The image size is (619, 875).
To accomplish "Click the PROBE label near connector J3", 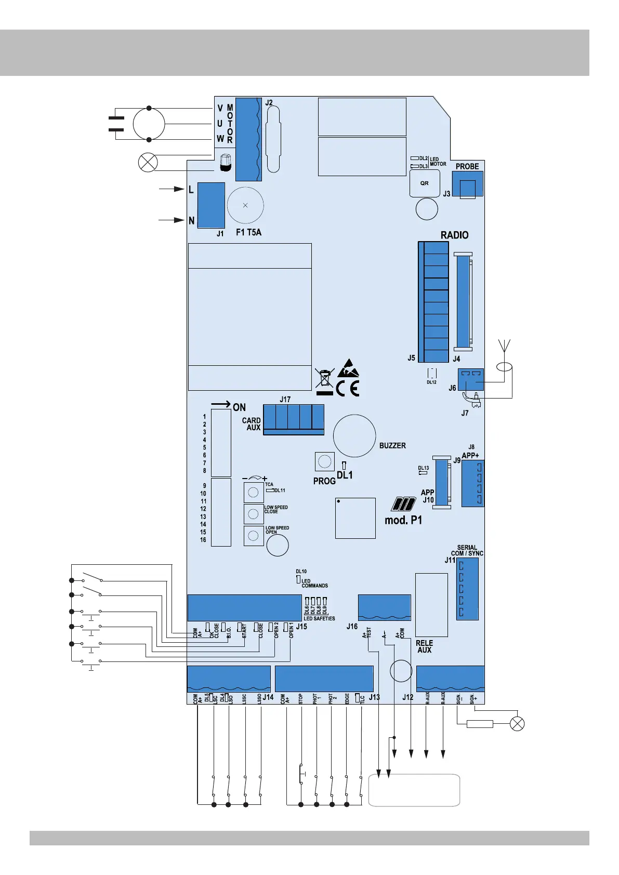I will [467, 166].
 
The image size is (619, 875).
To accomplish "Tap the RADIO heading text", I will [454, 235].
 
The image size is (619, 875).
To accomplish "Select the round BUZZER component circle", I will [354, 435].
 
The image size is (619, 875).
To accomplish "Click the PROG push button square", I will [324, 461].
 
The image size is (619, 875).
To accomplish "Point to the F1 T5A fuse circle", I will [245, 205].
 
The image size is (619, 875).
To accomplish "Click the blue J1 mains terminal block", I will [212, 205].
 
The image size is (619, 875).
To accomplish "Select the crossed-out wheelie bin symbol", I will [324, 378].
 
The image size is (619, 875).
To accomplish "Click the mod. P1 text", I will [403, 520].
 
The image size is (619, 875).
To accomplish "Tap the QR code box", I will [425, 183].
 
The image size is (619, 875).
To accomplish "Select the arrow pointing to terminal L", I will [172, 189].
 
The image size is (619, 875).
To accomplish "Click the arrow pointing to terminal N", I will [172, 220].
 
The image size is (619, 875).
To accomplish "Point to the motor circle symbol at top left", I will [149, 124].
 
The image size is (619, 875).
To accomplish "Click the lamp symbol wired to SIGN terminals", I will [517, 724].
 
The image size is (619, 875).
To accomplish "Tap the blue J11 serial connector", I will [467, 589].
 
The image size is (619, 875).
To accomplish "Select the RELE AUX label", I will [424, 646].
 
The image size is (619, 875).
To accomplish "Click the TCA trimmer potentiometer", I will [254, 492].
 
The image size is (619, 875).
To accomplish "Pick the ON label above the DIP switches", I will [239, 407].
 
